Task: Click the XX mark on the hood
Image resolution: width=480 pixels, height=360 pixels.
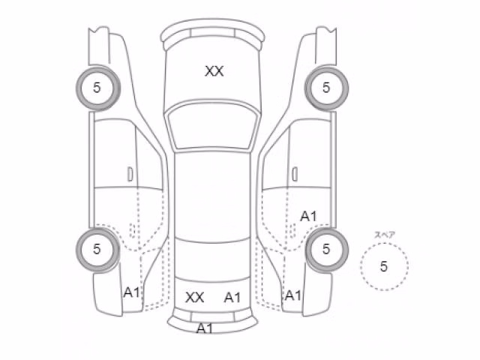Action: click(x=214, y=71)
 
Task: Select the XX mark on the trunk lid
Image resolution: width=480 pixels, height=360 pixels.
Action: click(x=195, y=297)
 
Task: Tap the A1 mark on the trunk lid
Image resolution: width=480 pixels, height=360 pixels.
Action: click(x=232, y=297)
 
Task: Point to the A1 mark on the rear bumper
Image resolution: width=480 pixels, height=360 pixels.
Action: click(x=205, y=328)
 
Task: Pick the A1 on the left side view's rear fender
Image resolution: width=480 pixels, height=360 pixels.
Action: click(x=132, y=292)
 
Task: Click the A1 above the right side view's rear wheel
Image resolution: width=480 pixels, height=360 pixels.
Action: click(x=308, y=217)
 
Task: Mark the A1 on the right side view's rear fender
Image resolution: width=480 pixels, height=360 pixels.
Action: click(x=293, y=295)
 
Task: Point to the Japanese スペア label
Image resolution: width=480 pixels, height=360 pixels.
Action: click(x=385, y=235)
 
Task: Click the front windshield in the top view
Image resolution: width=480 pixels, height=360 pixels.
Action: click(x=212, y=126)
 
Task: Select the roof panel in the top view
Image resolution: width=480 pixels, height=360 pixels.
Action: click(x=212, y=196)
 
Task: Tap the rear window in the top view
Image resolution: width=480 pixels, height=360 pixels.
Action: click(x=212, y=260)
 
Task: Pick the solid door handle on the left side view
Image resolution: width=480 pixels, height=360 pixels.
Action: click(x=130, y=174)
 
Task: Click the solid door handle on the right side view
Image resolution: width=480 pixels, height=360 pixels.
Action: click(x=295, y=174)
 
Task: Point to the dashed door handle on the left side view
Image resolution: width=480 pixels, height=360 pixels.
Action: click(x=132, y=230)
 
